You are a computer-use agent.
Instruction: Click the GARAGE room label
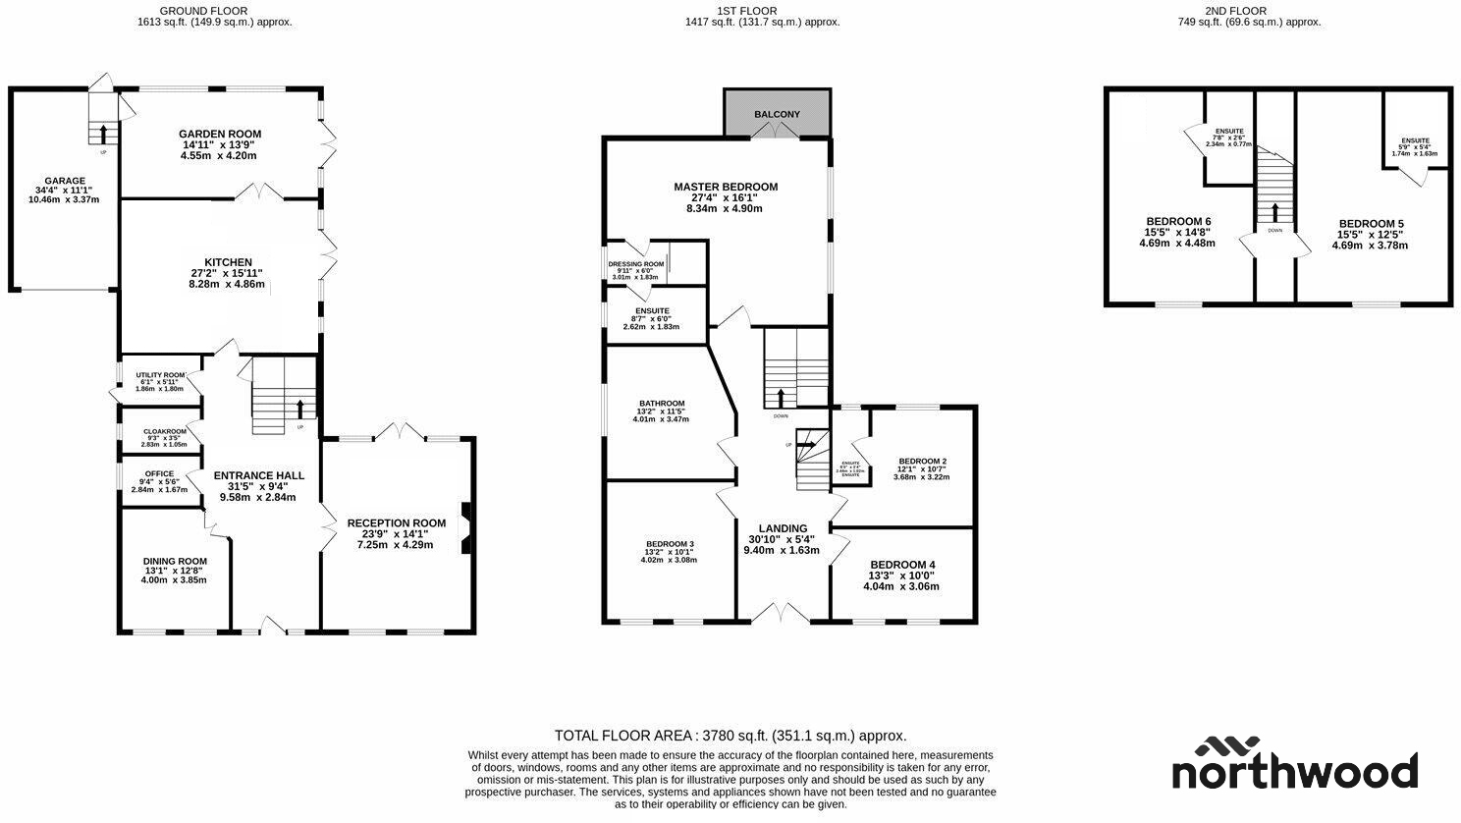[60, 181]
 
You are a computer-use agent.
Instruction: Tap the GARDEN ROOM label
[220, 135]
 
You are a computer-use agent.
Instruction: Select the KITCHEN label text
[228, 262]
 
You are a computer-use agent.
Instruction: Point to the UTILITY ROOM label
[160, 375]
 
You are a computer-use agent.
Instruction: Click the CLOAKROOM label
[164, 431]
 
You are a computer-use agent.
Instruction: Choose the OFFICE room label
[159, 474]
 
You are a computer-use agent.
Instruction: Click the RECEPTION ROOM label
[396, 523]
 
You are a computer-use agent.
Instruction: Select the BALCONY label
[777, 115]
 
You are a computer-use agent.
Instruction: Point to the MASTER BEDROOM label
[725, 187]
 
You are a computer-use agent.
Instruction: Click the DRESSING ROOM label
[635, 264]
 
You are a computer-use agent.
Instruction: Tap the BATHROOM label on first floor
[661, 404]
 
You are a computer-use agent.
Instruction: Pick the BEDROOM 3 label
[670, 544]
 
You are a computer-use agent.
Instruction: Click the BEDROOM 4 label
[901, 565]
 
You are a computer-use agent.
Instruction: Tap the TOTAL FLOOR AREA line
[730, 736]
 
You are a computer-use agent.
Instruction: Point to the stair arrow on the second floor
[1274, 212]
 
